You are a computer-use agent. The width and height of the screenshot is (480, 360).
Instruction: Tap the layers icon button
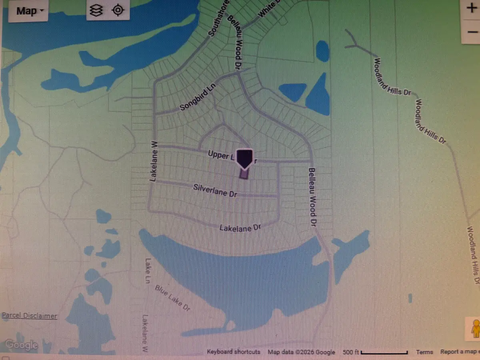click(96, 10)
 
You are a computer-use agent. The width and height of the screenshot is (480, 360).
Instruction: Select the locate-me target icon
click(118, 10)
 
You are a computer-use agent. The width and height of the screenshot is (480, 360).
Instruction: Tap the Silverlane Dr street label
click(215, 190)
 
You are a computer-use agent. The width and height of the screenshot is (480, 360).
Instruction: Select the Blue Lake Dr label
click(172, 298)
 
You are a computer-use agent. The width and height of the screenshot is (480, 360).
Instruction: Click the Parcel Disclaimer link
click(29, 316)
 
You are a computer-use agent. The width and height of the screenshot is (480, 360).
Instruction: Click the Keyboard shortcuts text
click(233, 352)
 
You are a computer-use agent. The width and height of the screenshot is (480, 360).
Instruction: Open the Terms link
click(424, 352)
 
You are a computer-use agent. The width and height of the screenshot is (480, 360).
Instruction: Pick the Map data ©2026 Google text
click(301, 352)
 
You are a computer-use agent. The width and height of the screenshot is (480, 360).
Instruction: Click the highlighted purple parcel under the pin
click(244, 174)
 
